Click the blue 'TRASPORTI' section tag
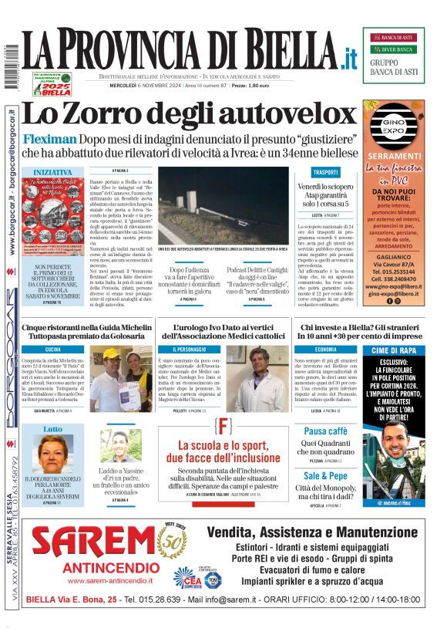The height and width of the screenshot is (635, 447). point(324,172)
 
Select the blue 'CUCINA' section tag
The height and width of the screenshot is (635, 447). point(53,350)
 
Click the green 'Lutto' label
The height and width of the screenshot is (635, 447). point(53,429)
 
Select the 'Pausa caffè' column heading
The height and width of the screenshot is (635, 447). point(325,431)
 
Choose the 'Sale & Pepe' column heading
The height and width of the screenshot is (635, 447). point(325,476)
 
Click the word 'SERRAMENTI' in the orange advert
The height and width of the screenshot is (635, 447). point(393,156)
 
